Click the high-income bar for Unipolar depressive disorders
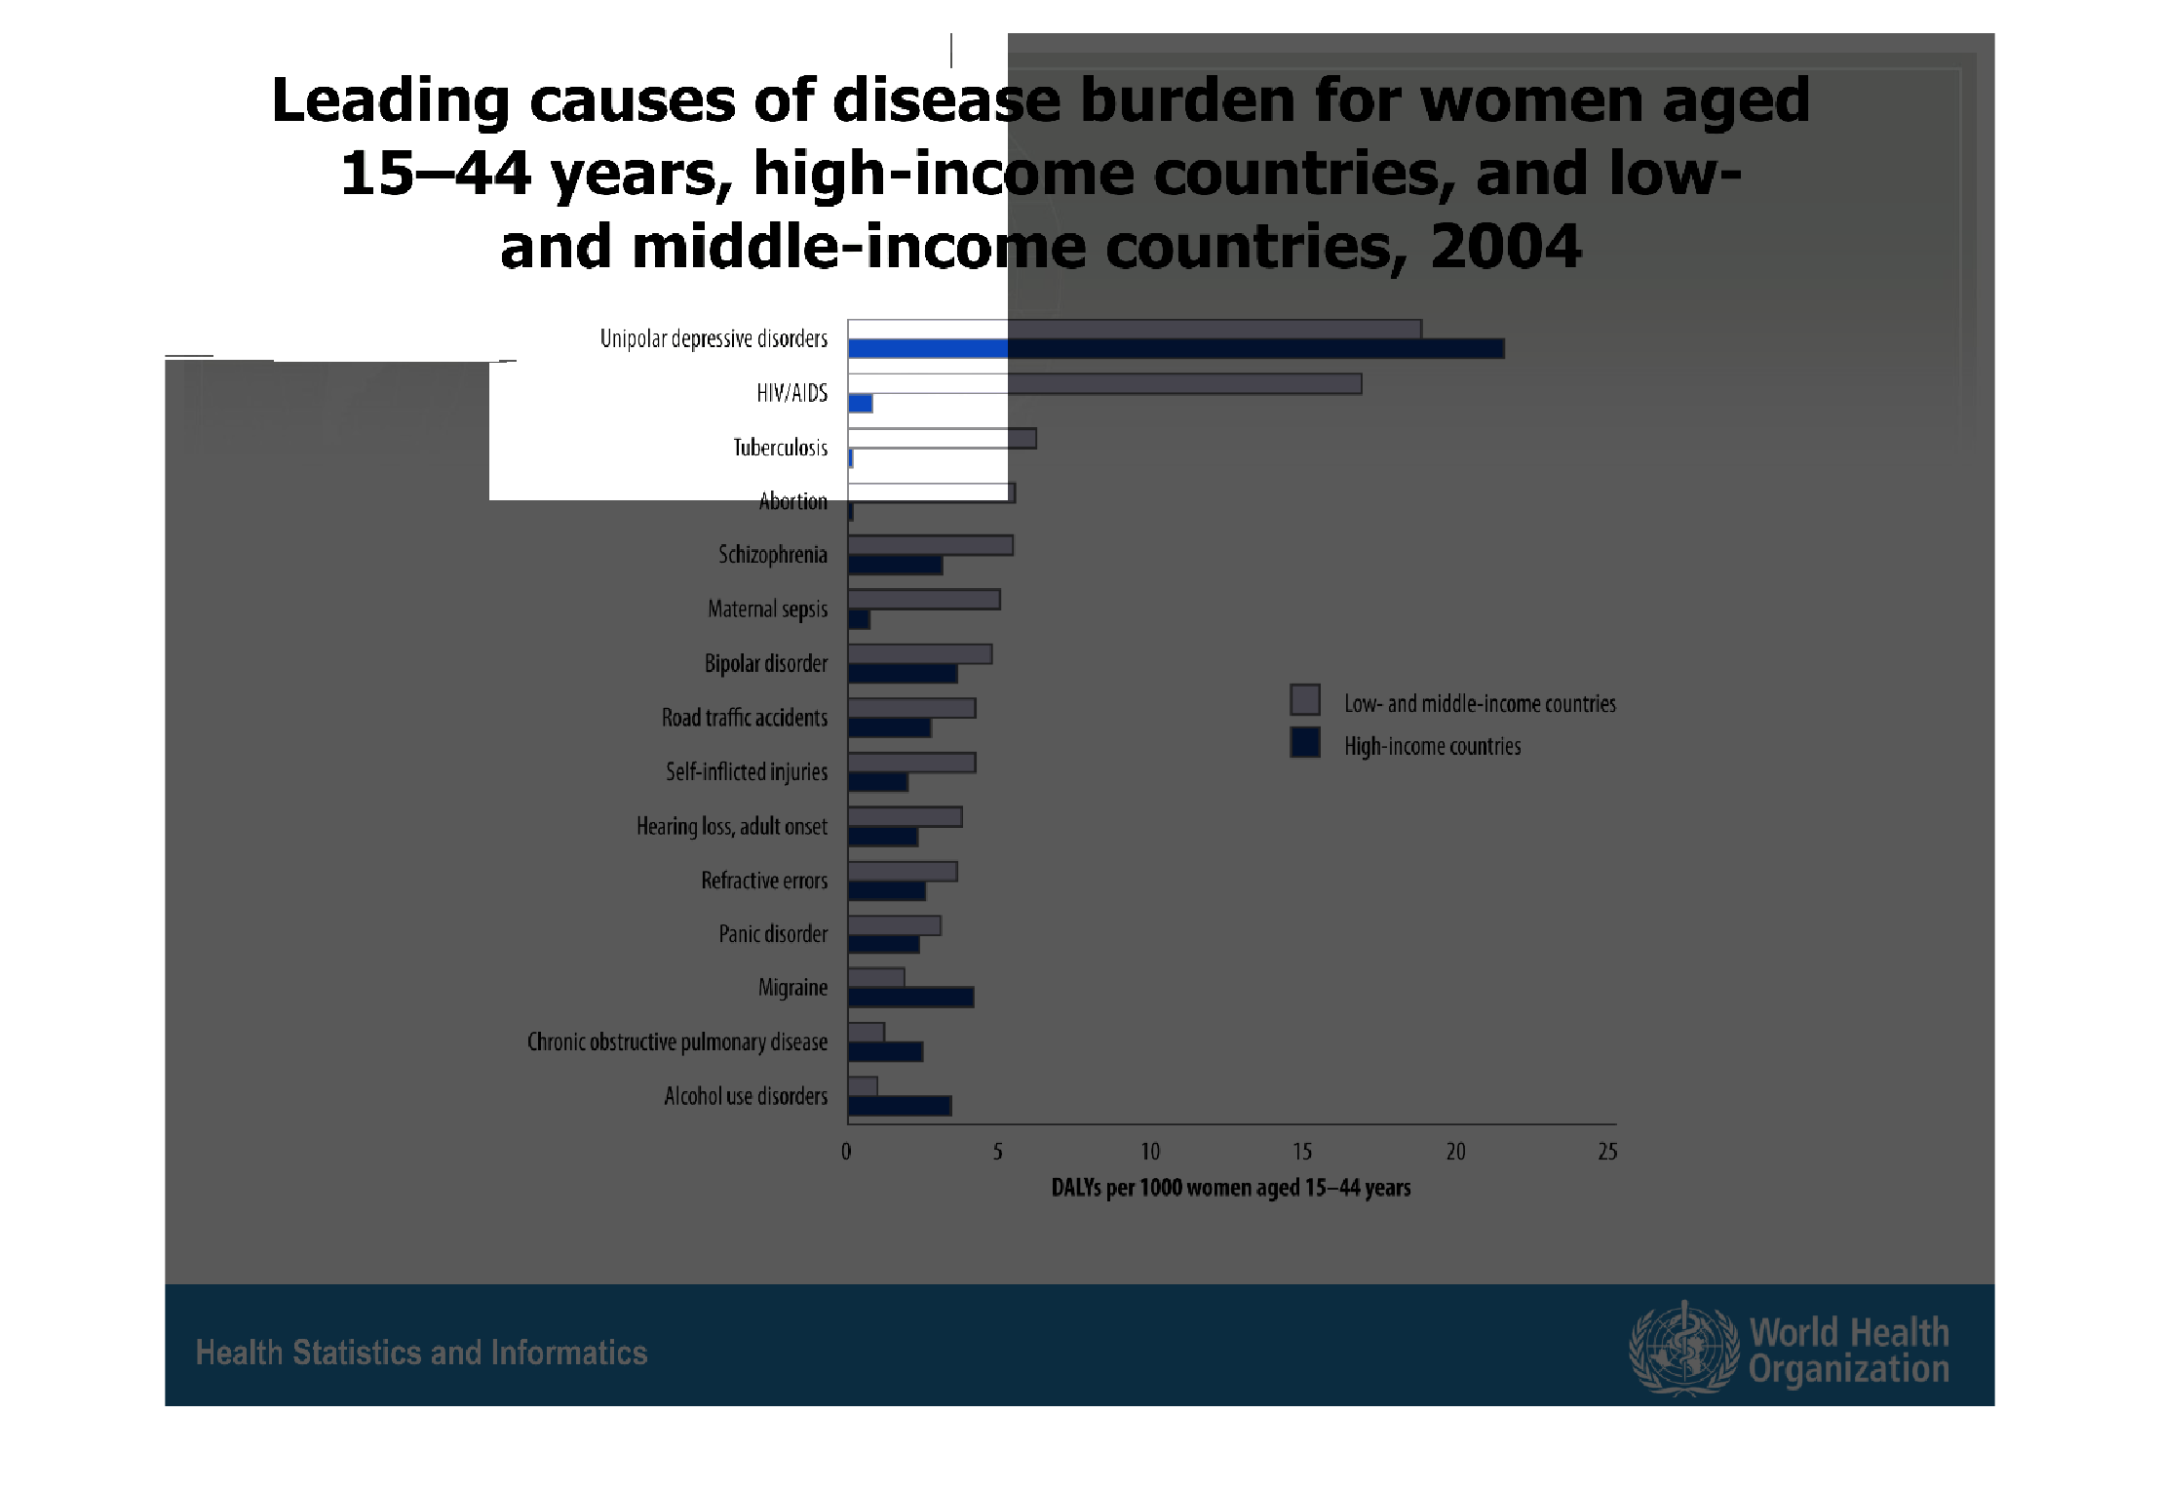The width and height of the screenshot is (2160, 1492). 1175,348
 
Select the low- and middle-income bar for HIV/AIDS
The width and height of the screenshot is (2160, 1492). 1103,383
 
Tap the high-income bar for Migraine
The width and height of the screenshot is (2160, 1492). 910,997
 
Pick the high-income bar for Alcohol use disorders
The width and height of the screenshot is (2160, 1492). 899,1106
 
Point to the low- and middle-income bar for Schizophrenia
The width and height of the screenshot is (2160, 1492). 930,545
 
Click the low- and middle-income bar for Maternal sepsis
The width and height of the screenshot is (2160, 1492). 923,600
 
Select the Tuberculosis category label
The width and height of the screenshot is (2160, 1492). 780,448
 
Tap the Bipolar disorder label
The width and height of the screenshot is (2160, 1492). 765,664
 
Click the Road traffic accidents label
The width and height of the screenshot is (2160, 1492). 744,718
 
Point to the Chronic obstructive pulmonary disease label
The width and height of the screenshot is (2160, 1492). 676,1042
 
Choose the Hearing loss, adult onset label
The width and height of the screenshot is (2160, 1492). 731,827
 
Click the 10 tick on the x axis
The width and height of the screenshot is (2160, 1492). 1150,1152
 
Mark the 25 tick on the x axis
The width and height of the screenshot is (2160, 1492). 1607,1152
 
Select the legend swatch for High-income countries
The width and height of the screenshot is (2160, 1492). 1305,743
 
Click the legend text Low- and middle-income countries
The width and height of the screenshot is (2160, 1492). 1479,703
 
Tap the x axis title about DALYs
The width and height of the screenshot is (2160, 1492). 1230,1188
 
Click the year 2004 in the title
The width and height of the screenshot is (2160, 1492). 1505,246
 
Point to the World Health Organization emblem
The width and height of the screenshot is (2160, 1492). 1683,1350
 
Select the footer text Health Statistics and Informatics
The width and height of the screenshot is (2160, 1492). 421,1353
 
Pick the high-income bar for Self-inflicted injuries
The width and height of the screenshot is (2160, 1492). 877,782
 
